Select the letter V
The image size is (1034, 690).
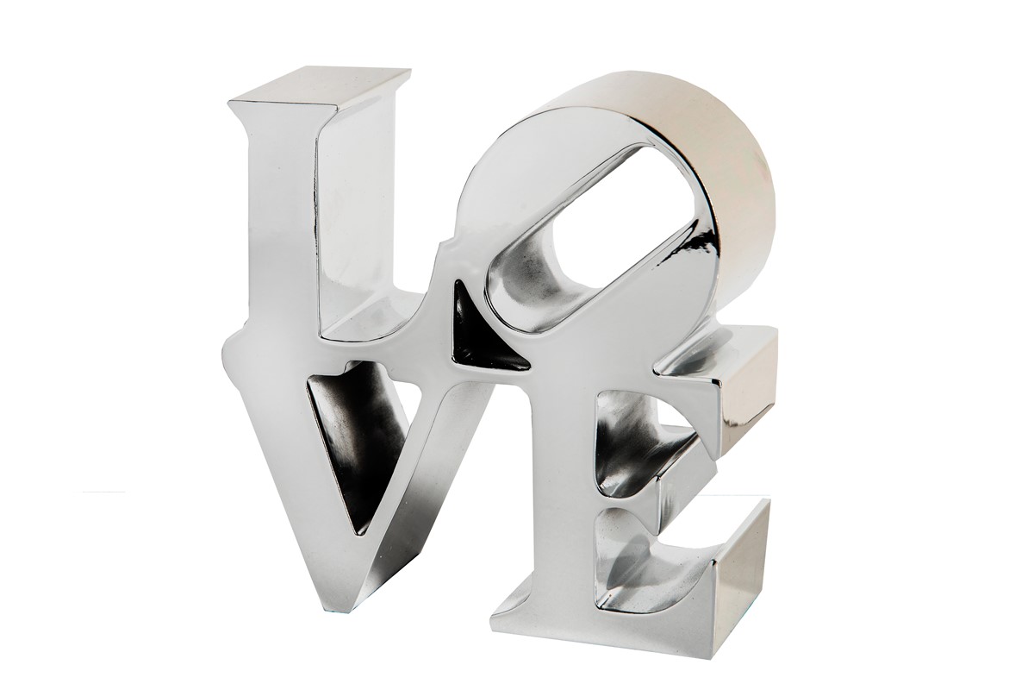click(370, 462)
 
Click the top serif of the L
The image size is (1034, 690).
click(319, 92)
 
